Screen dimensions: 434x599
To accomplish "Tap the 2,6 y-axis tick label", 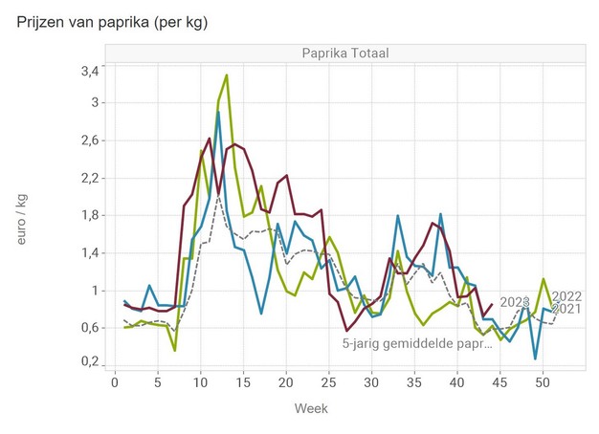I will pyautogui.click(x=88, y=141).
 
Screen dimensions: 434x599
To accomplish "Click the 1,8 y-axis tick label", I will pyautogui.click(x=88, y=215).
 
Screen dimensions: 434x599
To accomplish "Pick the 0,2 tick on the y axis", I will pyautogui.click(x=88, y=362).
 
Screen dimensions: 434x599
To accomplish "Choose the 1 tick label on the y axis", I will pyautogui.click(x=94, y=291).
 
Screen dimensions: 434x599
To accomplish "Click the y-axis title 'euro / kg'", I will pyautogui.click(x=23, y=217).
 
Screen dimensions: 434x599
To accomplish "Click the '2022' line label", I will pyautogui.click(x=566, y=295).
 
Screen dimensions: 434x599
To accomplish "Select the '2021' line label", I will pyautogui.click(x=566, y=309).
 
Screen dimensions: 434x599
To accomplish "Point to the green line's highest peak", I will pyautogui.click(x=226, y=75).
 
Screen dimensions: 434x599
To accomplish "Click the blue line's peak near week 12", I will pyautogui.click(x=218, y=112).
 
